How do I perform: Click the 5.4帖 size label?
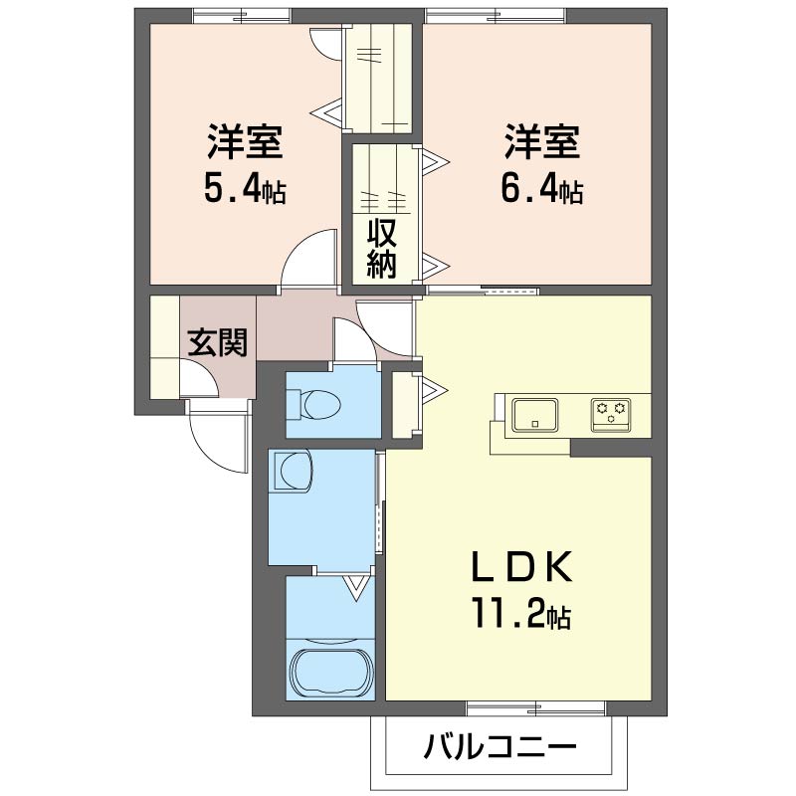(x=245, y=188)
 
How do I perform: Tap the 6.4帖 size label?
(x=541, y=188)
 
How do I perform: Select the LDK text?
(x=522, y=566)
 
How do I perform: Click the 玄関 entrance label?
(x=218, y=342)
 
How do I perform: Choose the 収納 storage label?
(x=382, y=249)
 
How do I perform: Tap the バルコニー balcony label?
(x=500, y=746)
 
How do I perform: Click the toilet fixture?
(x=313, y=404)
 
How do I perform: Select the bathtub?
(x=331, y=674)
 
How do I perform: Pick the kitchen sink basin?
(x=534, y=414)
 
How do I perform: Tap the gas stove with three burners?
(x=611, y=415)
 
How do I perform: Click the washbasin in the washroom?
(x=293, y=472)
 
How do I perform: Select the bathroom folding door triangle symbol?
(x=356, y=587)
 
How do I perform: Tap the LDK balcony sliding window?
(x=536, y=708)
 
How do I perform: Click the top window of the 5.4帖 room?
(x=243, y=16)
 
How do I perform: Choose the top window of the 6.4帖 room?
(x=496, y=16)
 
